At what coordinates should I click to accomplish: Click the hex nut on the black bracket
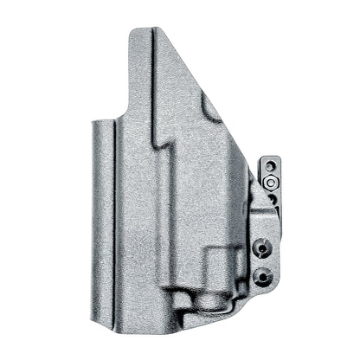(x=270, y=182)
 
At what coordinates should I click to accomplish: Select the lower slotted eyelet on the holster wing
(x=263, y=276)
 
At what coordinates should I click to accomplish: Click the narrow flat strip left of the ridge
(x=98, y=216)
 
